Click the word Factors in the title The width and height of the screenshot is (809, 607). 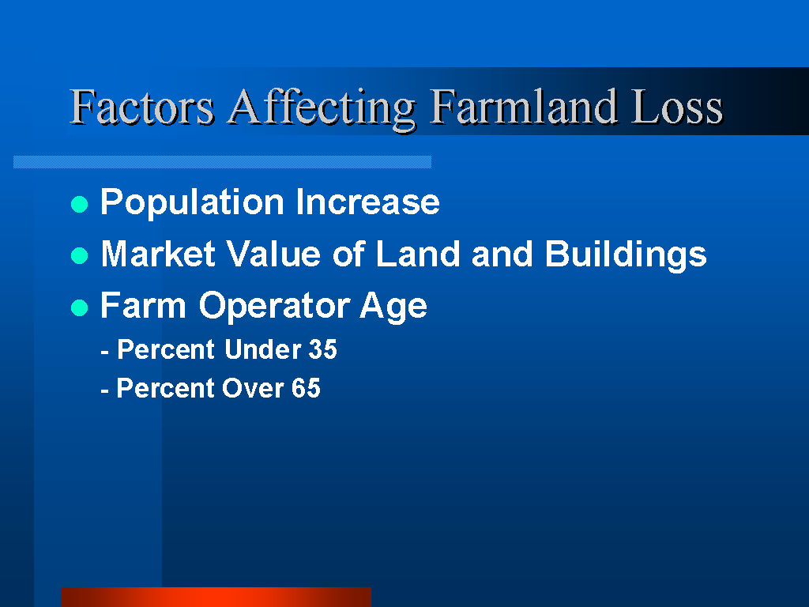pos(142,107)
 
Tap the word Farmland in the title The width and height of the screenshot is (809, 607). pos(524,107)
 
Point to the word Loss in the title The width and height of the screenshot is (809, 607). pos(677,107)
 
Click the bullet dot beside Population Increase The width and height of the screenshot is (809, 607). pos(80,204)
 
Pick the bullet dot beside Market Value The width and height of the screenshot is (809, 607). pos(80,255)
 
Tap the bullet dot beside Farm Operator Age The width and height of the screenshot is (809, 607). pos(80,307)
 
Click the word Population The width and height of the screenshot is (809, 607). pos(192,202)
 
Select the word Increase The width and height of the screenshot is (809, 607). pos(368,202)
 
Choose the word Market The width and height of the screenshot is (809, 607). pos(158,254)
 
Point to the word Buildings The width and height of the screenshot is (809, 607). pos(626,255)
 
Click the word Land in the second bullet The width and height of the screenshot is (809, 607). pos(417,254)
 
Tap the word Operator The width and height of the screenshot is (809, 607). pos(274,307)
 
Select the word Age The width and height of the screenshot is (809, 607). pos(393,307)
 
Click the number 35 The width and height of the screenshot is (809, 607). pos(322,349)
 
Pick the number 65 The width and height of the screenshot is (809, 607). pos(306,388)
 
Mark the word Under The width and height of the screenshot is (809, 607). pos(263,349)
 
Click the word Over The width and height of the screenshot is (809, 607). pos(253,388)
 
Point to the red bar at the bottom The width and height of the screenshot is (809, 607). pos(216,598)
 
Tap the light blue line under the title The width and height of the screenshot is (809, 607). pos(222,162)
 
